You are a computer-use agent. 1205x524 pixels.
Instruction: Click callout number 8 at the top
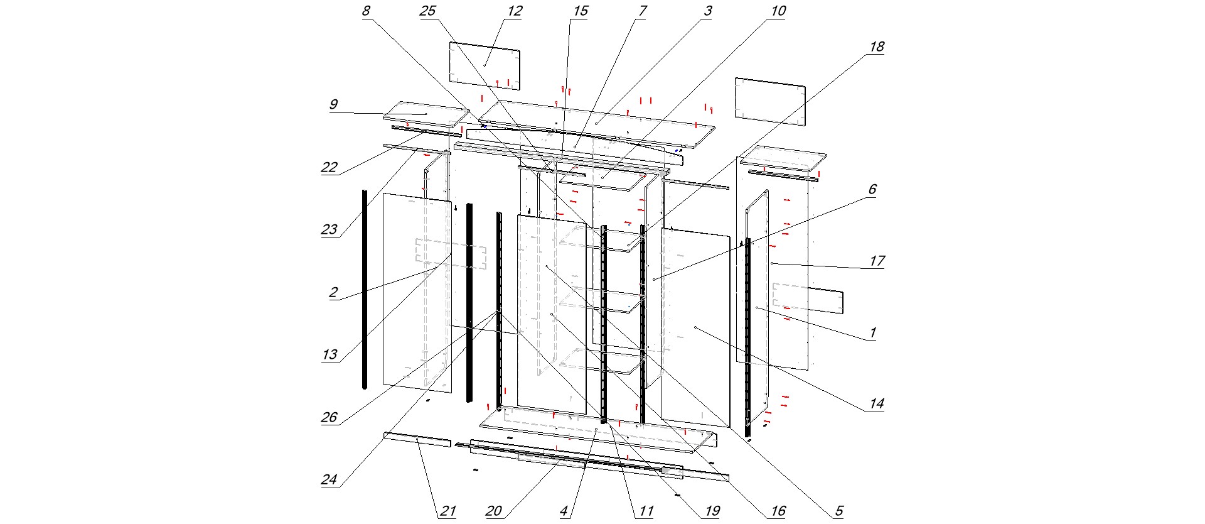click(x=367, y=11)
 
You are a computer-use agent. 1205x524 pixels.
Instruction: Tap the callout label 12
click(x=515, y=11)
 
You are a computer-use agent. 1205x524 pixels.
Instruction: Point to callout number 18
click(x=876, y=46)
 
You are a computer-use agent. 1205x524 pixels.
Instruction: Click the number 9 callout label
click(x=333, y=104)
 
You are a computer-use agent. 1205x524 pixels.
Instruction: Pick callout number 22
click(x=329, y=167)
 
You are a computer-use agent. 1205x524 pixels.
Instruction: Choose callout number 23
click(x=329, y=229)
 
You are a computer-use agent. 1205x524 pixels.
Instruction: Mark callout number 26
click(x=329, y=417)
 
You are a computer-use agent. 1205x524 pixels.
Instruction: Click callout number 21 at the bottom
click(x=447, y=511)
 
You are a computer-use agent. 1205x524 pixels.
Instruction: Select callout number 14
click(x=876, y=403)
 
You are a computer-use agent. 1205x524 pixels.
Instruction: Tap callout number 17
click(x=876, y=261)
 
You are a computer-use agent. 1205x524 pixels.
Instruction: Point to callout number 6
click(x=872, y=189)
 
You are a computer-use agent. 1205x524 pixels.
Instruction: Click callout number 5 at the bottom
click(x=838, y=511)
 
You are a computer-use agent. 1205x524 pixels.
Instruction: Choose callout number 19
click(x=712, y=511)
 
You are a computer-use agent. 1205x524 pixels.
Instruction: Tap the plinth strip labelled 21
click(x=417, y=439)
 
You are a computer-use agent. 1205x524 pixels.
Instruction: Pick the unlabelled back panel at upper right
click(x=770, y=101)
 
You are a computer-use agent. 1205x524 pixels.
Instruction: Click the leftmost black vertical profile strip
click(x=365, y=289)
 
